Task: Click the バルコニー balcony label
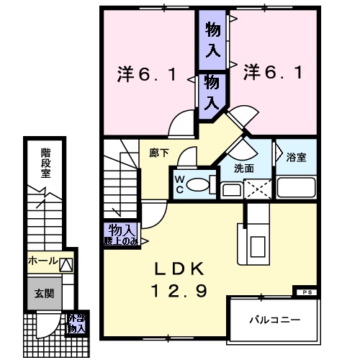pyautogui.click(x=274, y=318)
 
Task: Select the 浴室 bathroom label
pyautogui.click(x=295, y=157)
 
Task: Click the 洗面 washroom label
pyautogui.click(x=244, y=168)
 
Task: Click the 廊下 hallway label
pyautogui.click(x=159, y=153)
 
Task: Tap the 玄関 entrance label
pyautogui.click(x=42, y=294)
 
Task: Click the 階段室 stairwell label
pyautogui.click(x=45, y=162)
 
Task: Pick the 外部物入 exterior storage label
pyautogui.click(x=76, y=323)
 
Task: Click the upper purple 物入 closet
pyautogui.click(x=214, y=40)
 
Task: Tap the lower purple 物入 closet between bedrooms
pyautogui.click(x=212, y=91)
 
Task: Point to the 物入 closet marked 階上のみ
pyautogui.click(x=120, y=235)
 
